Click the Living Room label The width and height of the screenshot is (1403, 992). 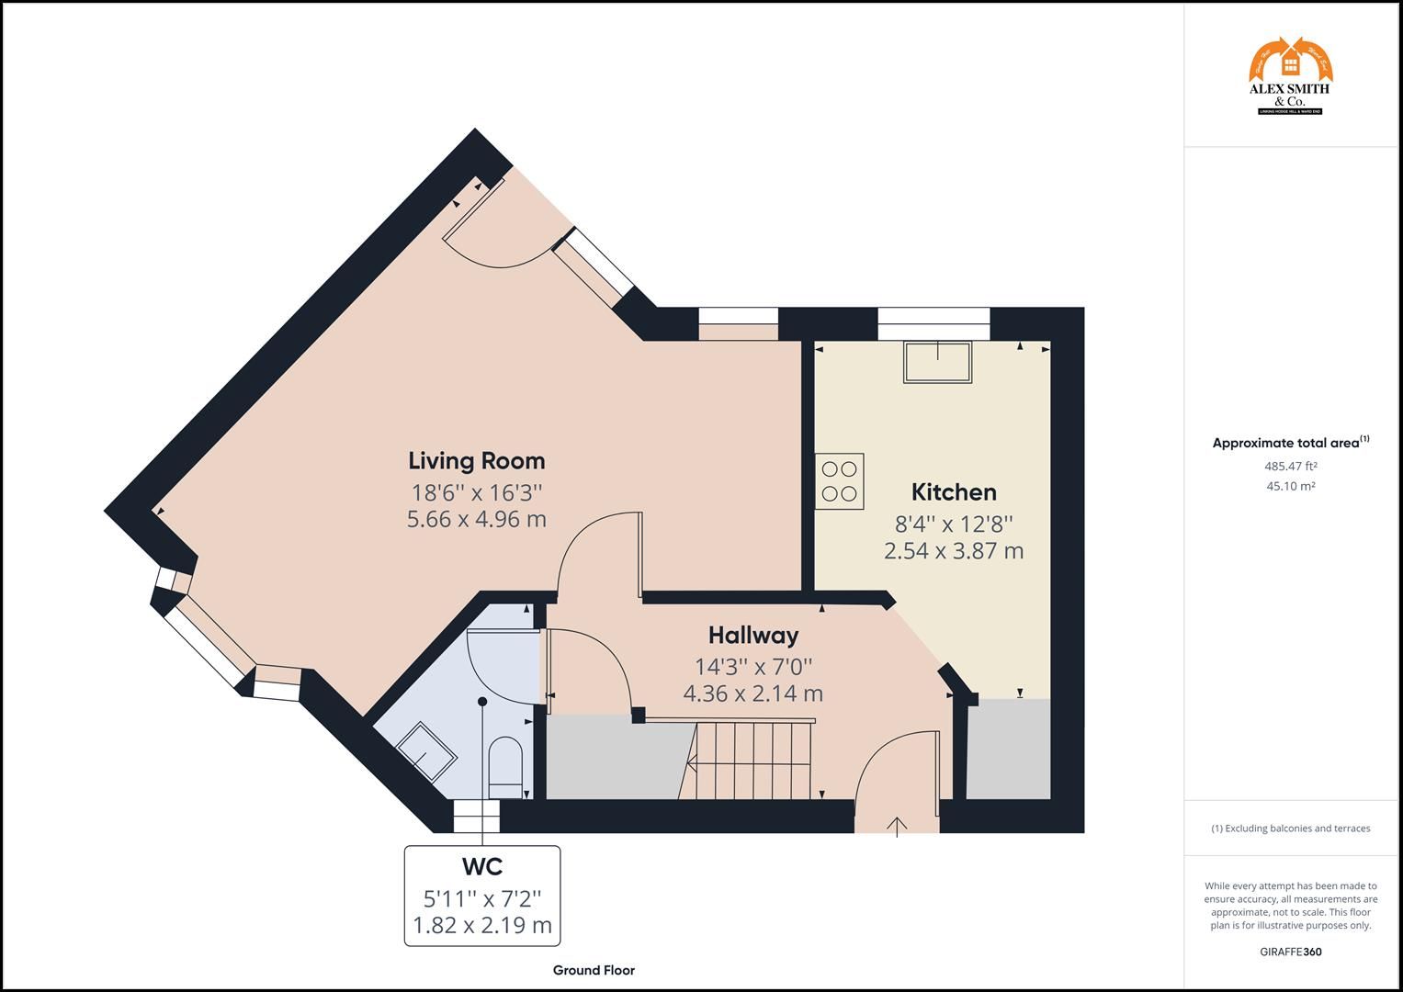(x=476, y=460)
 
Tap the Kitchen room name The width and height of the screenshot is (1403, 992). (x=954, y=491)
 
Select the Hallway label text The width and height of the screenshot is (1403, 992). (x=752, y=635)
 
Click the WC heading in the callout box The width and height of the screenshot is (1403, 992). (x=481, y=866)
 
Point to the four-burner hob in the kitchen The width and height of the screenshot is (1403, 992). (x=840, y=481)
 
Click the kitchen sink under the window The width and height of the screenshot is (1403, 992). (x=937, y=362)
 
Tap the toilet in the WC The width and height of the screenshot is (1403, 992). (x=504, y=768)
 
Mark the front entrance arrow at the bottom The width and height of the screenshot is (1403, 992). (x=897, y=826)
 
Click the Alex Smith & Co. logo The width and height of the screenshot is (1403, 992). (x=1290, y=77)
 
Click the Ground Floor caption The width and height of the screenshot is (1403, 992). (x=594, y=970)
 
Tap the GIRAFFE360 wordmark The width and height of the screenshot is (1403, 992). (x=1290, y=952)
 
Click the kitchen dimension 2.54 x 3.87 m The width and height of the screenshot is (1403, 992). (x=954, y=551)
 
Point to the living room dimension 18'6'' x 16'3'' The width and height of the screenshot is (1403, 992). (x=476, y=491)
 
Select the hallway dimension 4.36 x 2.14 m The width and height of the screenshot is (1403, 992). (x=752, y=693)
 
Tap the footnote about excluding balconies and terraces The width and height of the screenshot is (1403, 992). (x=1290, y=829)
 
